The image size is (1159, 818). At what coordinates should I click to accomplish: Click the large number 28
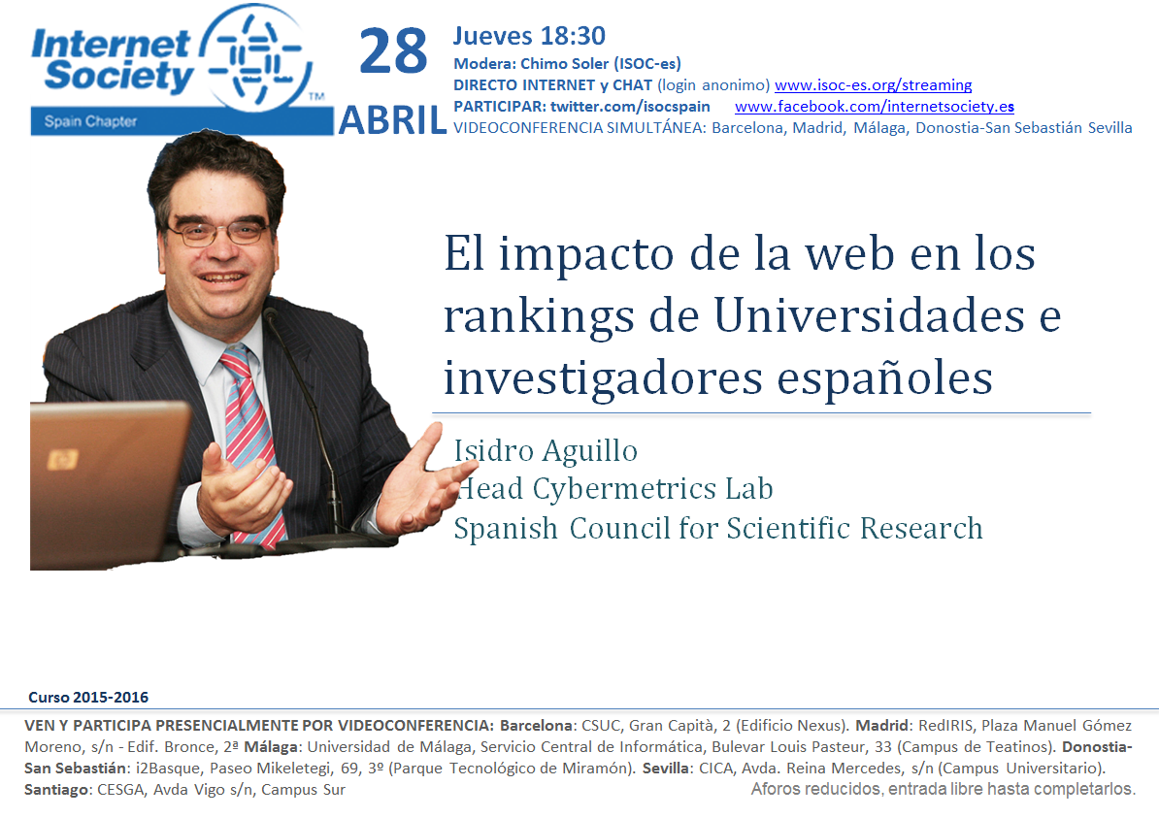393,51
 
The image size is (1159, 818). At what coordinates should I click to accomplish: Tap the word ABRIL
392,120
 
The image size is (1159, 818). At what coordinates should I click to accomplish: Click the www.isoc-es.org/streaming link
873,85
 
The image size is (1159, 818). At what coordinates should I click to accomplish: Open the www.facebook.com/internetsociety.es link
875,107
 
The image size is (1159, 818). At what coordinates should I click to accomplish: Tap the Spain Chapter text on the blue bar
90,121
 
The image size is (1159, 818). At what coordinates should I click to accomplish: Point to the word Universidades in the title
869,315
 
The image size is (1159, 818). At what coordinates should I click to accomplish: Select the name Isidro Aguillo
546,451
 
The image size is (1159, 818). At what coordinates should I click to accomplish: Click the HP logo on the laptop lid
62,460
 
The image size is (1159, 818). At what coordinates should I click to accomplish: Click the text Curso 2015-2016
88,697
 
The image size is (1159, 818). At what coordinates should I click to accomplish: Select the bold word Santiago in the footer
56,790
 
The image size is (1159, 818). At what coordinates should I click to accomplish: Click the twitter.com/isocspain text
630,107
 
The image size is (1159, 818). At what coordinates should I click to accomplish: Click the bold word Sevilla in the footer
665,769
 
